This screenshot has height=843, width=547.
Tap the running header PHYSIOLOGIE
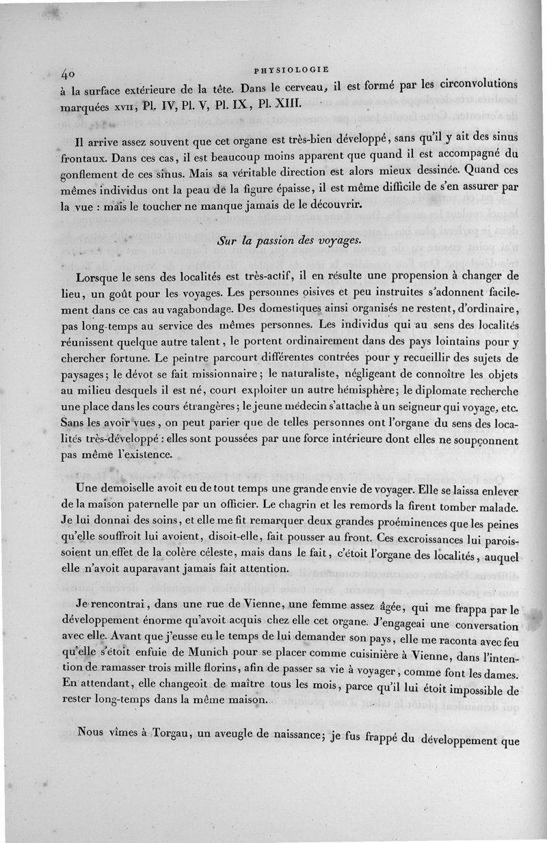(291, 69)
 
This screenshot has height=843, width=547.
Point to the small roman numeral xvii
(122, 107)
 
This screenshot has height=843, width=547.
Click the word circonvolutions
(477, 87)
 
